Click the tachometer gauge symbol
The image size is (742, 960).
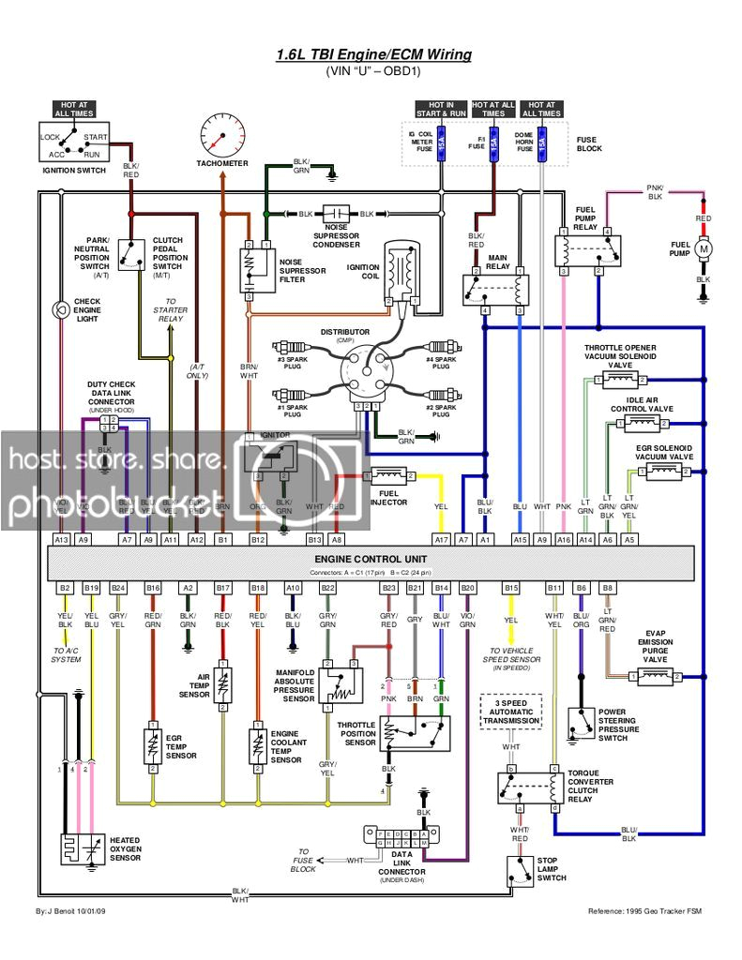coord(222,135)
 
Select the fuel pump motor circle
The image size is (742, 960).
coord(703,250)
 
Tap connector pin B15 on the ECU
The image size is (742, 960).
coord(510,587)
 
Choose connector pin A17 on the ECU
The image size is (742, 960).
coord(441,540)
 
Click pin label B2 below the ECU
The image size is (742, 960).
coord(65,587)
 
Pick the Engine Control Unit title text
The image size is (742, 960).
coord(370,559)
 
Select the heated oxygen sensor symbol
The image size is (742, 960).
coord(82,849)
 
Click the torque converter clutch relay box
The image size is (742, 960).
coord(530,787)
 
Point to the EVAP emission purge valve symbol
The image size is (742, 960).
coord(657,676)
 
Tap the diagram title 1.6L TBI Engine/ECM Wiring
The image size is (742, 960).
coord(373,54)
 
